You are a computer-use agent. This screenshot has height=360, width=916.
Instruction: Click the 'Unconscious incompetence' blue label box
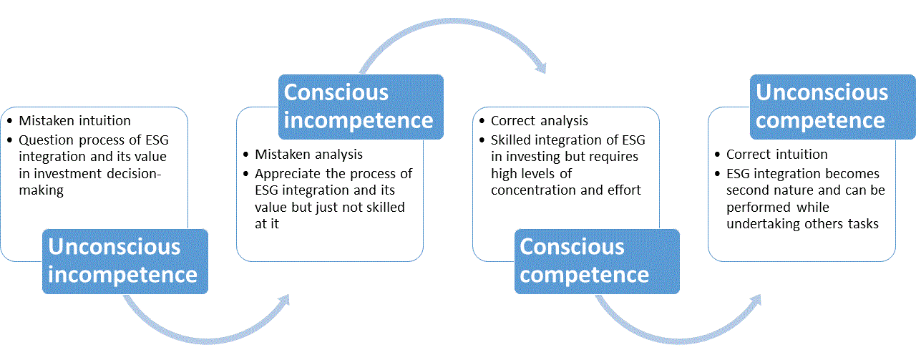pos(125,261)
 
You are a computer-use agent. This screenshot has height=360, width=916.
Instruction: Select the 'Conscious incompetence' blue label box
pos(361,107)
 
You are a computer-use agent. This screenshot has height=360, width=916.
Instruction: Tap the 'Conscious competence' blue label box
pos(597,261)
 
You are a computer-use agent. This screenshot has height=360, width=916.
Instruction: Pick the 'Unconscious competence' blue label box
pos(832,107)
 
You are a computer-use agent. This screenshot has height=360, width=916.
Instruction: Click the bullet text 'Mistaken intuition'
pos(75,121)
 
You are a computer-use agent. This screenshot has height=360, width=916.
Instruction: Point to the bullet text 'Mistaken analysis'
pos(308,154)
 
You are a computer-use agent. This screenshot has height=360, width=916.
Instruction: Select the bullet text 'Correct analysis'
pos(540,121)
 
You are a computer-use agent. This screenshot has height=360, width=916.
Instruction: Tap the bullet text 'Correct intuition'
pos(777,154)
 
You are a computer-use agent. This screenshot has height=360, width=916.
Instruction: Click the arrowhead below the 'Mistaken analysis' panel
pos(284,301)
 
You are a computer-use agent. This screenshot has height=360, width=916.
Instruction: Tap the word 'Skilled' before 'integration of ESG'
pos(511,140)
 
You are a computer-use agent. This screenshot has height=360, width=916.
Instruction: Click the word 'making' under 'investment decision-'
pos(42,190)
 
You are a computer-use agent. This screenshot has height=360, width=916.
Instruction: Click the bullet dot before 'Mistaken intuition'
pos(10,121)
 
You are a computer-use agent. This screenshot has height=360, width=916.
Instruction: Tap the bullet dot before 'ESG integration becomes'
pos(717,174)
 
